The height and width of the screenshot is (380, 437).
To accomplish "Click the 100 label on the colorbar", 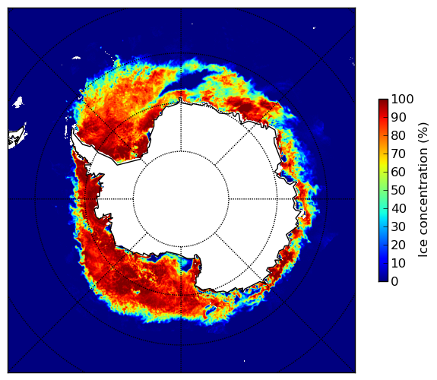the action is point(402,100).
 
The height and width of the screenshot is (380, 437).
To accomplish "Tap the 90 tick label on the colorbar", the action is point(398,117).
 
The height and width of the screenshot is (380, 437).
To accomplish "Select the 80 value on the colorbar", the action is point(398,136).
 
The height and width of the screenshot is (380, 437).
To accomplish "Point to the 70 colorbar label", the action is point(398,154).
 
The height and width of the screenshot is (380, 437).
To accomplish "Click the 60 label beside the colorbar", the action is point(398,172).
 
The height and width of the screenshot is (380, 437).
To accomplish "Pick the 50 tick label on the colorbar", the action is point(398,191).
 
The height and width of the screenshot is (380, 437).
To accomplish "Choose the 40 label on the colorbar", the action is point(398,208).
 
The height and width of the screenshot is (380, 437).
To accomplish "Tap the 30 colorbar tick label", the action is point(398,227).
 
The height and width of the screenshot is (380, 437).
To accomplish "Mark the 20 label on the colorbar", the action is point(398,245).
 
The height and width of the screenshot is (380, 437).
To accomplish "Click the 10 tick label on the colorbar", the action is point(398,263).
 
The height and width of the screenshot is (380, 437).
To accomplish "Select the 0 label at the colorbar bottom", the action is point(394,282).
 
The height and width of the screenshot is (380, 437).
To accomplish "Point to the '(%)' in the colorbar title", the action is point(423,133).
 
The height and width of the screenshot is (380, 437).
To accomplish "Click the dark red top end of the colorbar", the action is point(383,101).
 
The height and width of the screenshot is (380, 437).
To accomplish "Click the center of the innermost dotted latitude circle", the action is point(181,199).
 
